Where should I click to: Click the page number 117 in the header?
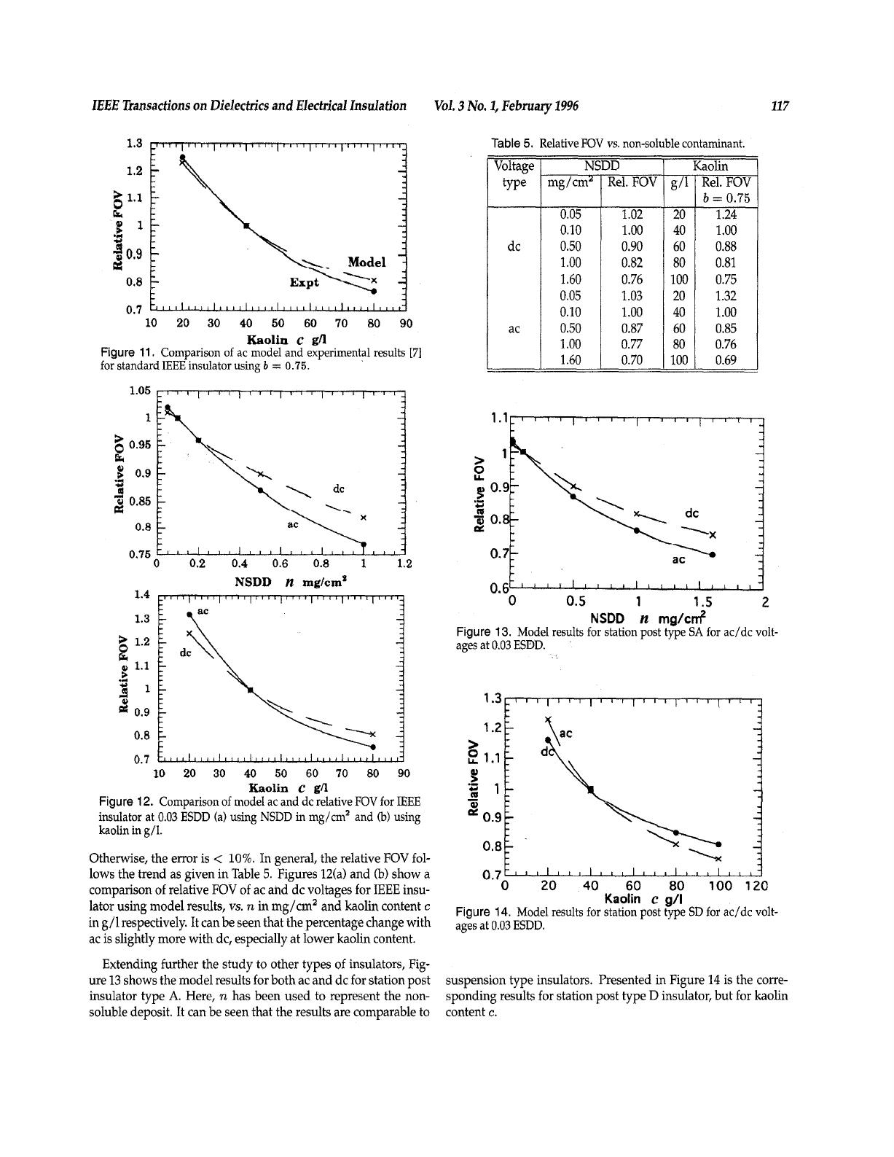780,106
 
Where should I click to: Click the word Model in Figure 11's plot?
366,262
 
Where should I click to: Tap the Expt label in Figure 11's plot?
304,282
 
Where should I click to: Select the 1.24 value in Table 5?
726,214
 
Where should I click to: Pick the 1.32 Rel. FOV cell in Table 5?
726,295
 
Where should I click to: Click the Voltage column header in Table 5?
514,166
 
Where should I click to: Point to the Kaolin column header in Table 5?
711,166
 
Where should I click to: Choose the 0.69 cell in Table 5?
726,360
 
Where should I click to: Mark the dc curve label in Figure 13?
692,513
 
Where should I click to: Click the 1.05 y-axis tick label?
140,391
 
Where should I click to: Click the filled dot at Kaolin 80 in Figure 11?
374,292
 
